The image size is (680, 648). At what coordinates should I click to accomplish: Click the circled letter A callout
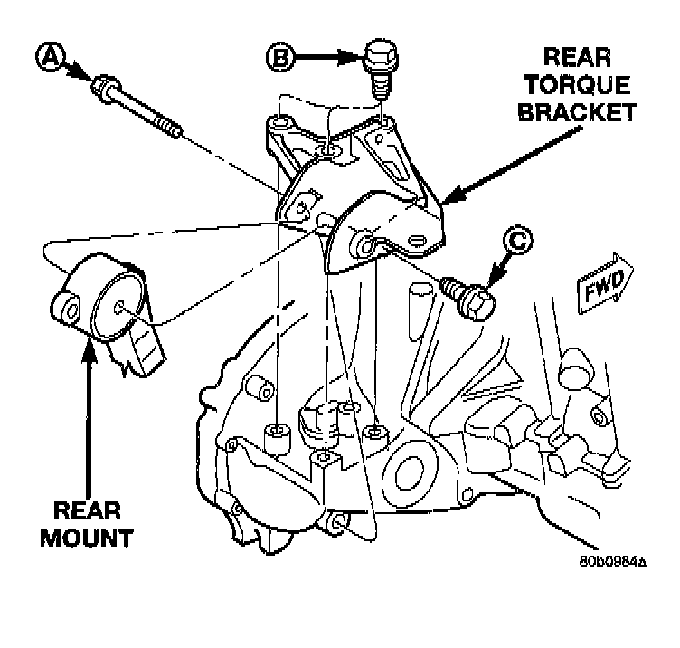click(51, 56)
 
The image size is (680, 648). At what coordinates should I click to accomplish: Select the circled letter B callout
click(280, 56)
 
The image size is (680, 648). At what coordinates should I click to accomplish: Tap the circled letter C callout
click(518, 240)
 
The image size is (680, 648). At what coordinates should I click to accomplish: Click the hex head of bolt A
click(105, 89)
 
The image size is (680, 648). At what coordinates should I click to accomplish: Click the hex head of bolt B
click(381, 55)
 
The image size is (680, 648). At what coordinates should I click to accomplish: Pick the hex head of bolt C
click(477, 302)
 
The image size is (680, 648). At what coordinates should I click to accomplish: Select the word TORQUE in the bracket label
click(577, 84)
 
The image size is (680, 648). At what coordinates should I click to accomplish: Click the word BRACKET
click(577, 112)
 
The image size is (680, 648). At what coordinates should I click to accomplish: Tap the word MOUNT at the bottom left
click(87, 538)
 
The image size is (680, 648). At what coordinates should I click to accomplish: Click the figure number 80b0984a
click(613, 562)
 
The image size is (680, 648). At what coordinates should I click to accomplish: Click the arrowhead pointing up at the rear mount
click(90, 350)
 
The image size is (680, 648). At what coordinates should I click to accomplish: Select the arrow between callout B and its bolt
click(328, 57)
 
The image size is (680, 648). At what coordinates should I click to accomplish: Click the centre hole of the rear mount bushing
click(118, 308)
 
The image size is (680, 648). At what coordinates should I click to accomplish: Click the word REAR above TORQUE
click(577, 57)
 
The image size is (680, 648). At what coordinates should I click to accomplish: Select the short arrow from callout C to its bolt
click(499, 270)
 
